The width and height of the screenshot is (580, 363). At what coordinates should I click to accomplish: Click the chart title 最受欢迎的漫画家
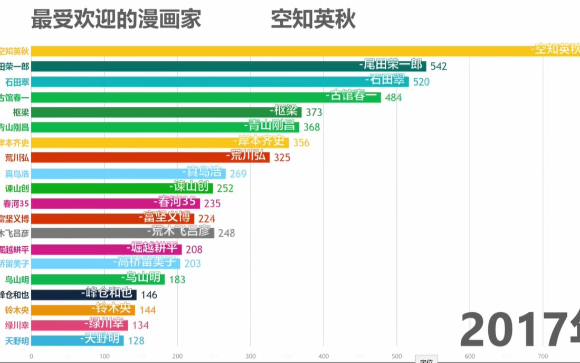pyautogui.click(x=116, y=20)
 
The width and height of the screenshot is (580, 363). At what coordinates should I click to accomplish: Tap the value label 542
pyautogui.click(x=439, y=66)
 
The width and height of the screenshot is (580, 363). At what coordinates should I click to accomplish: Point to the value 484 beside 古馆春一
pyautogui.click(x=393, y=97)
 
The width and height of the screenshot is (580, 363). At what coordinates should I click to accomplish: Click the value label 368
pyautogui.click(x=311, y=127)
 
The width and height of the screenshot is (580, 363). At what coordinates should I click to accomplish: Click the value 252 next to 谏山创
pyautogui.click(x=225, y=189)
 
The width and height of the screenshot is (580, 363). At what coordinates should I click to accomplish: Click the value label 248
pyautogui.click(x=226, y=233)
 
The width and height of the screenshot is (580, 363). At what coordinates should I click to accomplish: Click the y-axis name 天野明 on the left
pyautogui.click(x=17, y=340)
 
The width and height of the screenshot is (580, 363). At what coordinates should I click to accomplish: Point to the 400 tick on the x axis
pyautogui.click(x=324, y=356)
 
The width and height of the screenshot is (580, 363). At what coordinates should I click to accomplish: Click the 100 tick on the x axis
pyautogui.click(x=104, y=356)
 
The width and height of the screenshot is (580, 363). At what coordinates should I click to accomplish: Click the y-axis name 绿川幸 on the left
pyautogui.click(x=17, y=325)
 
